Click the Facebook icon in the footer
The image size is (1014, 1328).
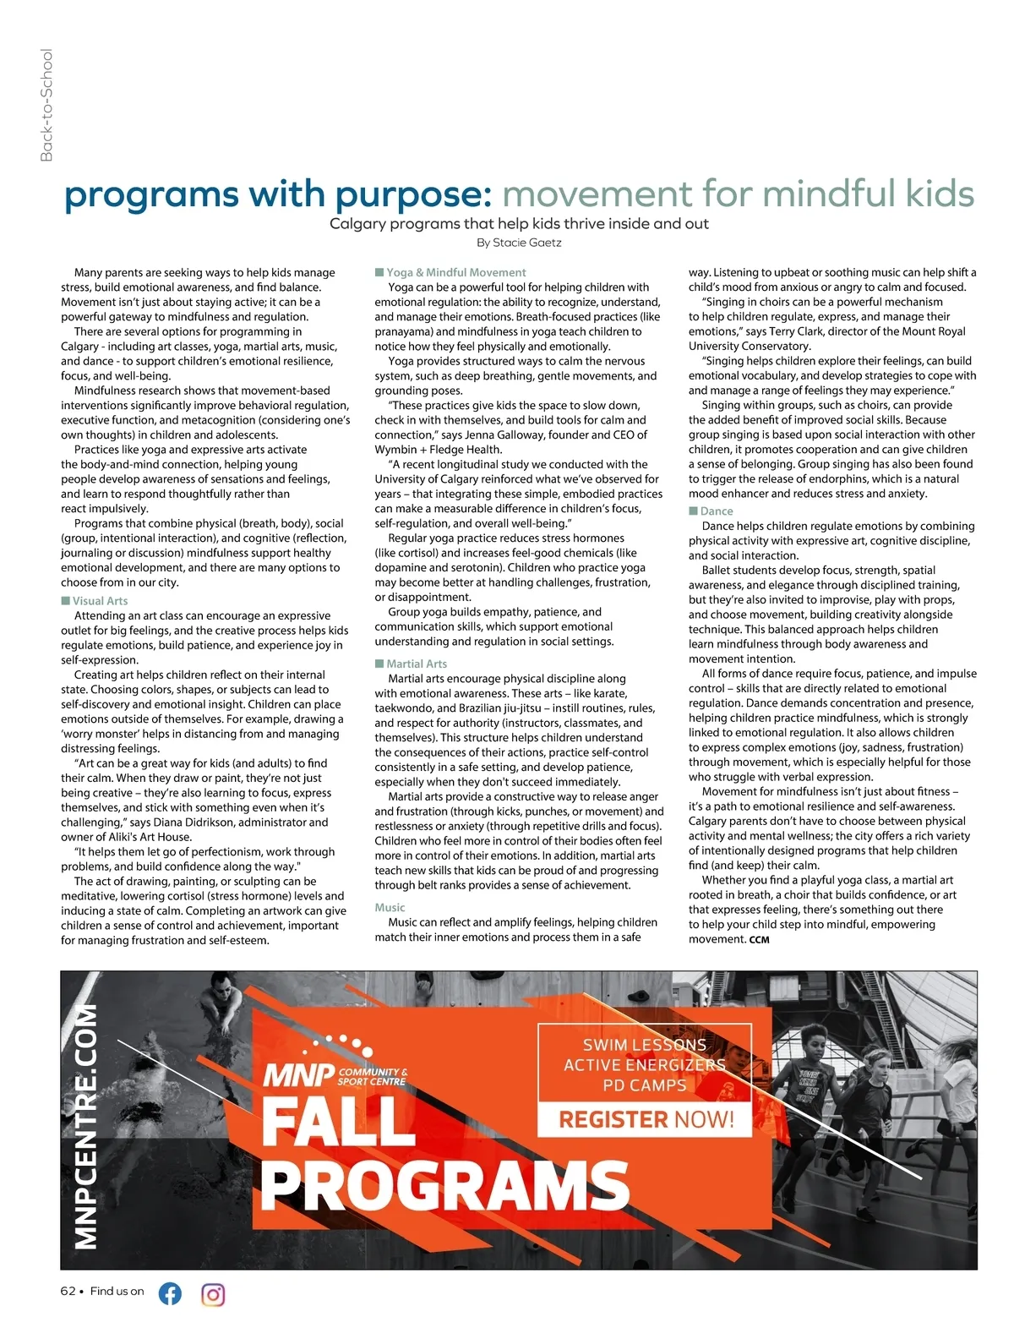coord(170,1293)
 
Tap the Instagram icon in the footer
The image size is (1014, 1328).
coord(214,1294)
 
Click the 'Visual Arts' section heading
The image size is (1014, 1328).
coord(100,601)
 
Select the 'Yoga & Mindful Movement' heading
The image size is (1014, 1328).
coord(455,272)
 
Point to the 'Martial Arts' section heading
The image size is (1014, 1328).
coord(417,664)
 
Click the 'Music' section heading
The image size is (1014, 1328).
coord(390,907)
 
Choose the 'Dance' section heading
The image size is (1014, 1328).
coord(716,511)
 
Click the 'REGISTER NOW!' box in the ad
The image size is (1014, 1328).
coord(646,1120)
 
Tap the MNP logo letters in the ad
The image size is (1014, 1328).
coord(298,1076)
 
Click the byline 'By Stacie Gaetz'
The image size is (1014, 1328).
coord(519,243)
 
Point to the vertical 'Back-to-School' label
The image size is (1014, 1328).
coord(46,105)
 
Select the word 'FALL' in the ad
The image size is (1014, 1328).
coord(338,1120)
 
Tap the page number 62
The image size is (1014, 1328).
coord(68,1291)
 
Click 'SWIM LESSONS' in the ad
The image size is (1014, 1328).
coord(644,1045)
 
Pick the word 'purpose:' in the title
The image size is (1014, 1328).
coord(414,194)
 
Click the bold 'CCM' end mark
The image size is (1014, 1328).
coord(759,939)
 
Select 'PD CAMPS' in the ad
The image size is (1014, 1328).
coord(644,1085)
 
